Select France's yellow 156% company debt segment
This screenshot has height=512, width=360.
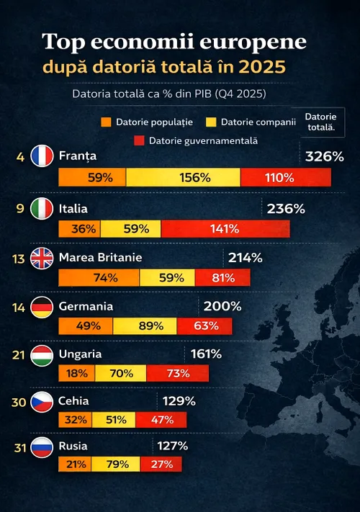click(183, 177)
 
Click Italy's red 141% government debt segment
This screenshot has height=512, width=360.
click(225, 229)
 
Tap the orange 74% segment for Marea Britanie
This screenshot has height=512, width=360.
click(99, 277)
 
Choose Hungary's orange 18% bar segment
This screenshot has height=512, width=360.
click(76, 373)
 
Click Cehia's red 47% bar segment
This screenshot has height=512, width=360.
click(160, 419)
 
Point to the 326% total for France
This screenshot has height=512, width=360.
click(324, 156)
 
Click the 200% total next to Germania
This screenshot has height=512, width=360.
click(222, 306)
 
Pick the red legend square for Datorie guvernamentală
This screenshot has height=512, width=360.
click(139, 139)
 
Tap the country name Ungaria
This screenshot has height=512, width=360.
click(80, 354)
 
